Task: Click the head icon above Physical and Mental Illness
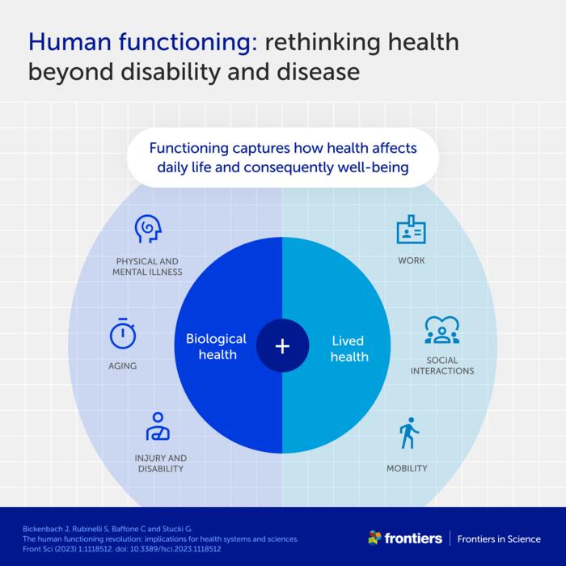click(x=148, y=230)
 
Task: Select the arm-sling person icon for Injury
click(x=158, y=426)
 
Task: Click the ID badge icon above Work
click(x=411, y=230)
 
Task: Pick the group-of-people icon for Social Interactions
click(x=441, y=330)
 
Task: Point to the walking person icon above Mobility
click(x=407, y=433)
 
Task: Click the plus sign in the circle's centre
click(x=282, y=346)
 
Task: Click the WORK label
click(x=411, y=261)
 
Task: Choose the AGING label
click(x=122, y=366)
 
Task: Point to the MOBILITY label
click(x=407, y=468)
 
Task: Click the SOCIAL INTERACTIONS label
click(x=441, y=365)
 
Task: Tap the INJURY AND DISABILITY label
click(x=159, y=463)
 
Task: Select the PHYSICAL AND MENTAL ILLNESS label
click(x=147, y=267)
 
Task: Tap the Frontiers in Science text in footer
click(x=499, y=539)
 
